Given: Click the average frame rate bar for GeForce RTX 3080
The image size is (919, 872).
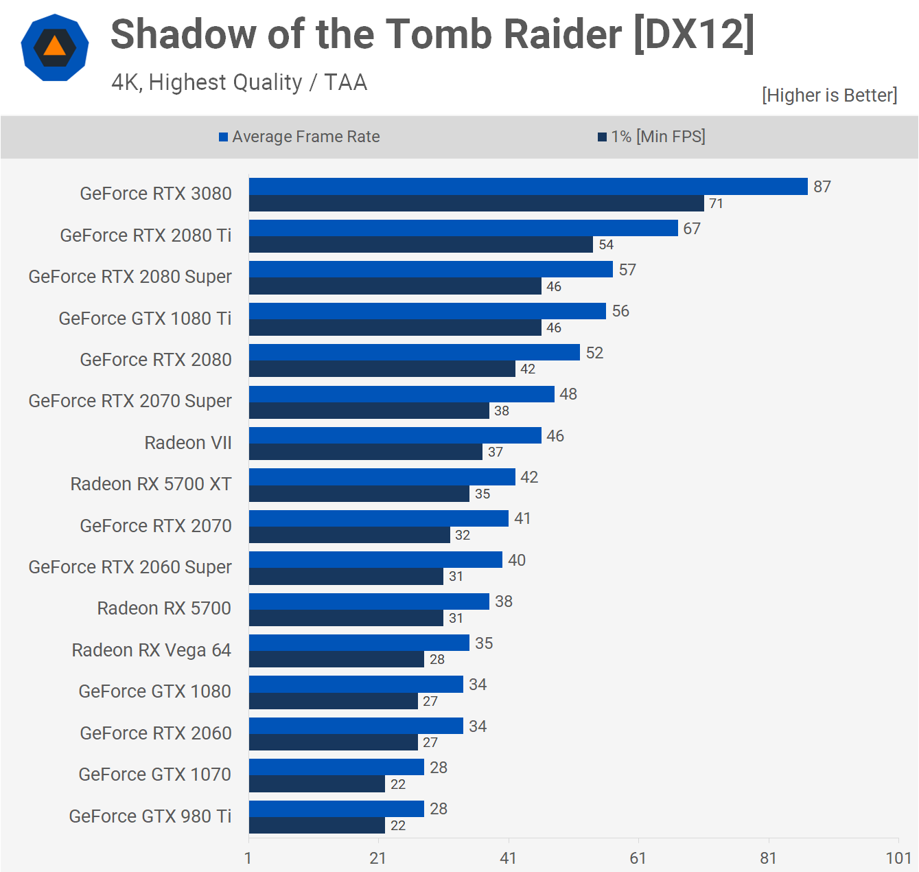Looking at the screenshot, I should pos(528,187).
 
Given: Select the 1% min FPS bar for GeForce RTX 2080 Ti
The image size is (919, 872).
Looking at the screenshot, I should pos(421,244).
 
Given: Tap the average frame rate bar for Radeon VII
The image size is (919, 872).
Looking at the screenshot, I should pos(395,435).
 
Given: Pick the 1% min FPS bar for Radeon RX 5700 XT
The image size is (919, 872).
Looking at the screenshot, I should pos(359,494).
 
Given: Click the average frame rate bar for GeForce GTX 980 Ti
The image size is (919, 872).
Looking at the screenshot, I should pos(336,809).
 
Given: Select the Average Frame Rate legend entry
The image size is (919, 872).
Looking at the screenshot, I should pos(299,137).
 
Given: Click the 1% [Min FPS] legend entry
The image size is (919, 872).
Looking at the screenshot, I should pos(651,137).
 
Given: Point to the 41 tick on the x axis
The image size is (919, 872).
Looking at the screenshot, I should pos(508,858).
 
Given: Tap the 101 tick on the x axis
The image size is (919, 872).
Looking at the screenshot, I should pos(898,858).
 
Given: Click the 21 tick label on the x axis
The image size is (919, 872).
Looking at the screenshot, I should pos(378,858).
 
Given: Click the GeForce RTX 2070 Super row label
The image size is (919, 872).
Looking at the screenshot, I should pos(130,401).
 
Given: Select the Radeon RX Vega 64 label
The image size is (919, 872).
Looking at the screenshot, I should pos(151,650).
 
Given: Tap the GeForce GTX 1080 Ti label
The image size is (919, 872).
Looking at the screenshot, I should pos(145,319).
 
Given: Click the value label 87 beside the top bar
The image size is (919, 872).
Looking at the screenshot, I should pos(822,187).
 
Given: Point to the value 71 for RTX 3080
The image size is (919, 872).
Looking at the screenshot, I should pos(716,203).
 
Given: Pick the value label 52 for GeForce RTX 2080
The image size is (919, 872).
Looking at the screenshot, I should pos(594,353).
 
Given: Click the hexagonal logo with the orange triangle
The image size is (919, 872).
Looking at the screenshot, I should pos(55,47).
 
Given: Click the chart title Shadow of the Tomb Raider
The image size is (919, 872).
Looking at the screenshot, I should pos(432,34).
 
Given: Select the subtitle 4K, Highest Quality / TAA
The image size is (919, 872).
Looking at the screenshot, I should pos(240,82).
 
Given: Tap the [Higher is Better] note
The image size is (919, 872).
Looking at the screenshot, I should pos(829,95).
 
